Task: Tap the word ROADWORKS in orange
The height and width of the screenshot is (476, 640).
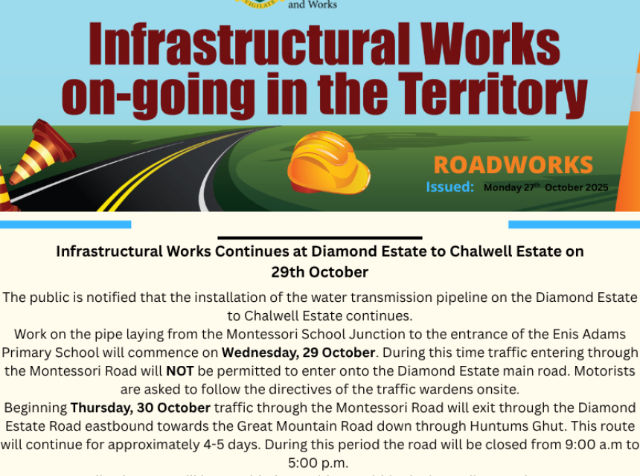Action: [x=513, y=165]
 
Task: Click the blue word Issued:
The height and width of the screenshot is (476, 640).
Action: [x=449, y=187]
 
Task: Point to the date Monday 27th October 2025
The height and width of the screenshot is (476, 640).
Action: [x=545, y=187]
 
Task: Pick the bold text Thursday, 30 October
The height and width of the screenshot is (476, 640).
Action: [x=141, y=407]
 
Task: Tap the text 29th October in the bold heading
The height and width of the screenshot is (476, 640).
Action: [x=319, y=271]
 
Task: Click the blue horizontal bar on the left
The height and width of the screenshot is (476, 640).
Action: [x=65, y=224]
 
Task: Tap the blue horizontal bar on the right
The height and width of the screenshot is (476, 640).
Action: [x=574, y=224]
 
